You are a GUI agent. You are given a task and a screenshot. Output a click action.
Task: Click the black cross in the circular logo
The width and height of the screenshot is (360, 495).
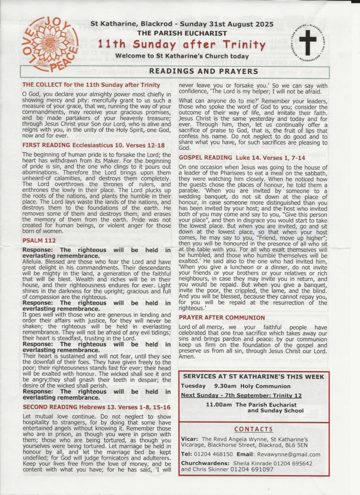click(307, 42)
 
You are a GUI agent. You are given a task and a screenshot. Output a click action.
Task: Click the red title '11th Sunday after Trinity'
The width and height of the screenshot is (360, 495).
click(181, 45)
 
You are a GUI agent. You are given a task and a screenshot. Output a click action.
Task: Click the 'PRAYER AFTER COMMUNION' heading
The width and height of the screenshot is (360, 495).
click(222, 318)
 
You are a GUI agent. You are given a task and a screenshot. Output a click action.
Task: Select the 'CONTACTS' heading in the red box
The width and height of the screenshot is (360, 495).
click(253, 429)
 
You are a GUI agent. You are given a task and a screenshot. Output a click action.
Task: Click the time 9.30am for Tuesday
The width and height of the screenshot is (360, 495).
click(226, 386)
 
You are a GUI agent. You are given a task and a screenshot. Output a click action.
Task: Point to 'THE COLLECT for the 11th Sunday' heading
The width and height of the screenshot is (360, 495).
click(91, 85)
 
